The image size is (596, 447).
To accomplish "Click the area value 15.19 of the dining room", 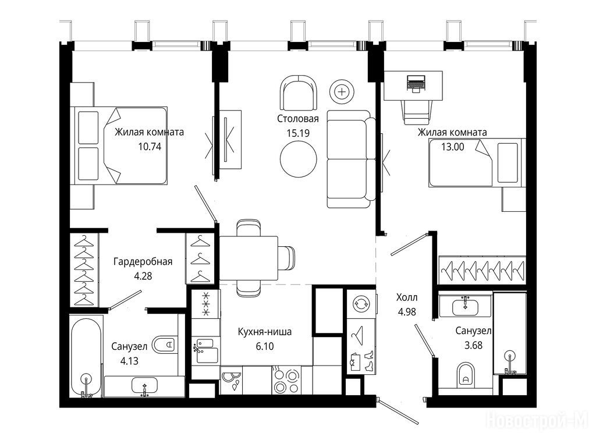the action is coord(298,133).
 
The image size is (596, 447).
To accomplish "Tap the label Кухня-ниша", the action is coord(265,332).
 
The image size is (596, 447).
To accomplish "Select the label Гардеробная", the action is coord(143,261).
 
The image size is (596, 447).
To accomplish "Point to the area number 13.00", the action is coord(452,147).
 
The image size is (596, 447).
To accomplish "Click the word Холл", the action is coord(407,297).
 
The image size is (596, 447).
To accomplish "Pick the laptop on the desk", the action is coord(416,84).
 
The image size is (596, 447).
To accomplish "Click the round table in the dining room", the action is coord(299,159).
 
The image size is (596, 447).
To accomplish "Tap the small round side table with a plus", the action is coord(342,91).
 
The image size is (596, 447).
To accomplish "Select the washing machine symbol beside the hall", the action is coord(360,303).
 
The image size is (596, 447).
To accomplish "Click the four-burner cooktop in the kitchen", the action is coord(287,380).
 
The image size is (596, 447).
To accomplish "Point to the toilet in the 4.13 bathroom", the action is coord(165,345).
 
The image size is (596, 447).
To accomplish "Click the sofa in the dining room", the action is coord(351,159).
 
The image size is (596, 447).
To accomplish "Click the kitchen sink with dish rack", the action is coord(205,350).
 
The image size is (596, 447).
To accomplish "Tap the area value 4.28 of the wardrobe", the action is coord(143,276).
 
